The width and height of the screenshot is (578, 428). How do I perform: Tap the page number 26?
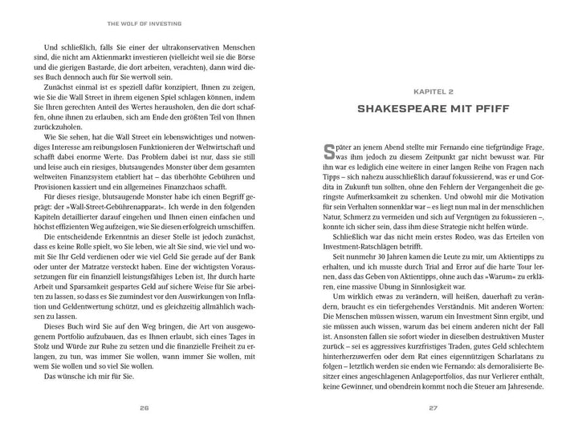[x=144, y=407]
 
